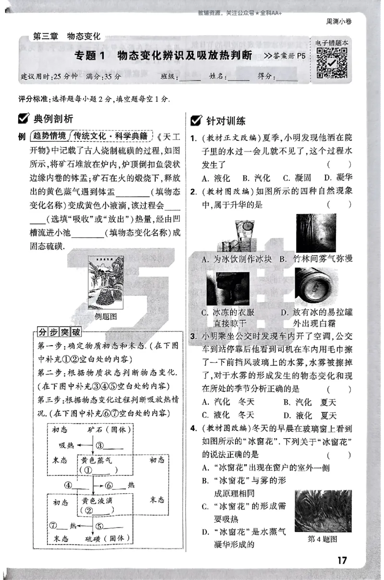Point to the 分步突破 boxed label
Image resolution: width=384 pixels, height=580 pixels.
[60, 332]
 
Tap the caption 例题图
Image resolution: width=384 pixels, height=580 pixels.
[106, 316]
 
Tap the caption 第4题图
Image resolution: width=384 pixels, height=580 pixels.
[322, 539]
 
